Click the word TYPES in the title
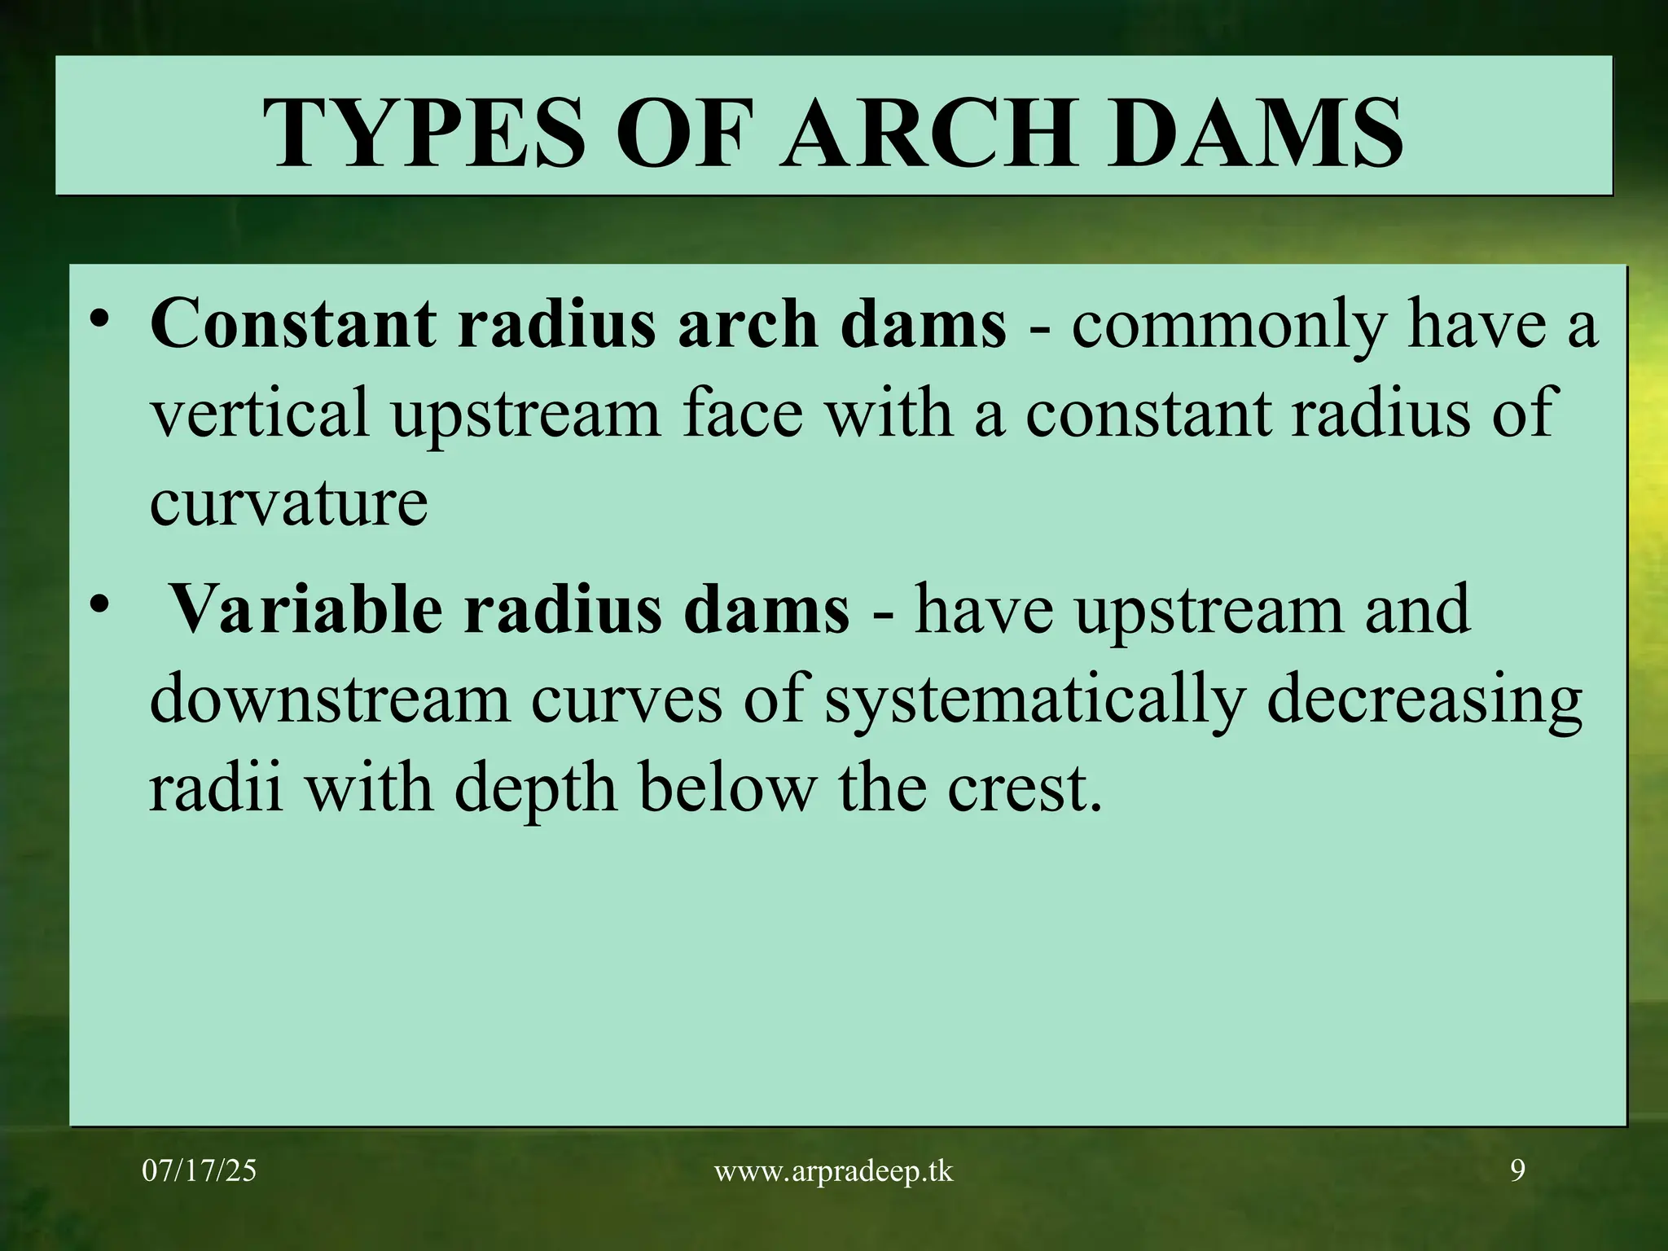(424, 133)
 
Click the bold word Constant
(292, 324)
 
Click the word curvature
(288, 503)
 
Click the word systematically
(1034, 700)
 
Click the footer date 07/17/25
(199, 1171)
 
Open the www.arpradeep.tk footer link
(833, 1172)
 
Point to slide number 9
(1517, 1171)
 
